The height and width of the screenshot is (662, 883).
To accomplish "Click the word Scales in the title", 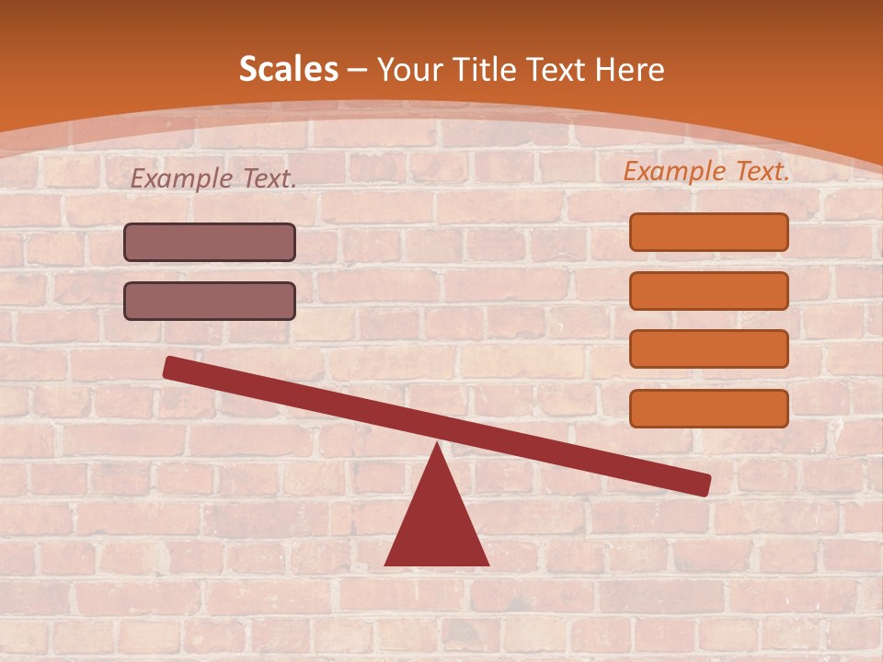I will click(x=288, y=69).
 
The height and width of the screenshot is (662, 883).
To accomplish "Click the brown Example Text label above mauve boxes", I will click(x=213, y=179).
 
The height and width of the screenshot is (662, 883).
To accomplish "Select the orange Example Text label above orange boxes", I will click(x=706, y=171).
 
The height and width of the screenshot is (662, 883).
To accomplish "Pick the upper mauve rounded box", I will click(x=210, y=243).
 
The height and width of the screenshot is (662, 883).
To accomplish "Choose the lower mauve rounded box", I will click(x=210, y=301).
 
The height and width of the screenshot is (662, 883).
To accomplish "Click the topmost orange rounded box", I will click(x=708, y=232).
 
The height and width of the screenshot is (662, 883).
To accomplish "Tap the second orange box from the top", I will click(x=708, y=291).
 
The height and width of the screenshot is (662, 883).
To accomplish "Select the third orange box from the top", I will click(x=708, y=348).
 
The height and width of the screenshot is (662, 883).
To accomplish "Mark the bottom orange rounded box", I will click(x=708, y=408).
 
